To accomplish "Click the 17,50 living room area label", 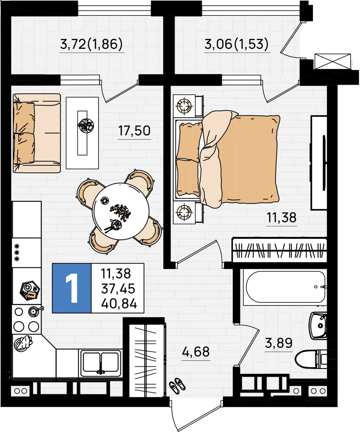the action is point(134,130).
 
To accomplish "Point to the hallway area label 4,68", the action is point(196,352).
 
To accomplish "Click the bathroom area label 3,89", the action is point(279,343).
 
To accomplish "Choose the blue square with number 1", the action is point(72,288).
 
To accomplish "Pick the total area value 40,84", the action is point(119,304).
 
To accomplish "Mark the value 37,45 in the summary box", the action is point(118,289).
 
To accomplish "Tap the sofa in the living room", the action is point(37,133).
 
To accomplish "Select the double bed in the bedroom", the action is point(226,157).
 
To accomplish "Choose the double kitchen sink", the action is point(100,362).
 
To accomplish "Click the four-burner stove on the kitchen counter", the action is point(26,319).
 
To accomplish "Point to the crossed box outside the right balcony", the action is point(333,60).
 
